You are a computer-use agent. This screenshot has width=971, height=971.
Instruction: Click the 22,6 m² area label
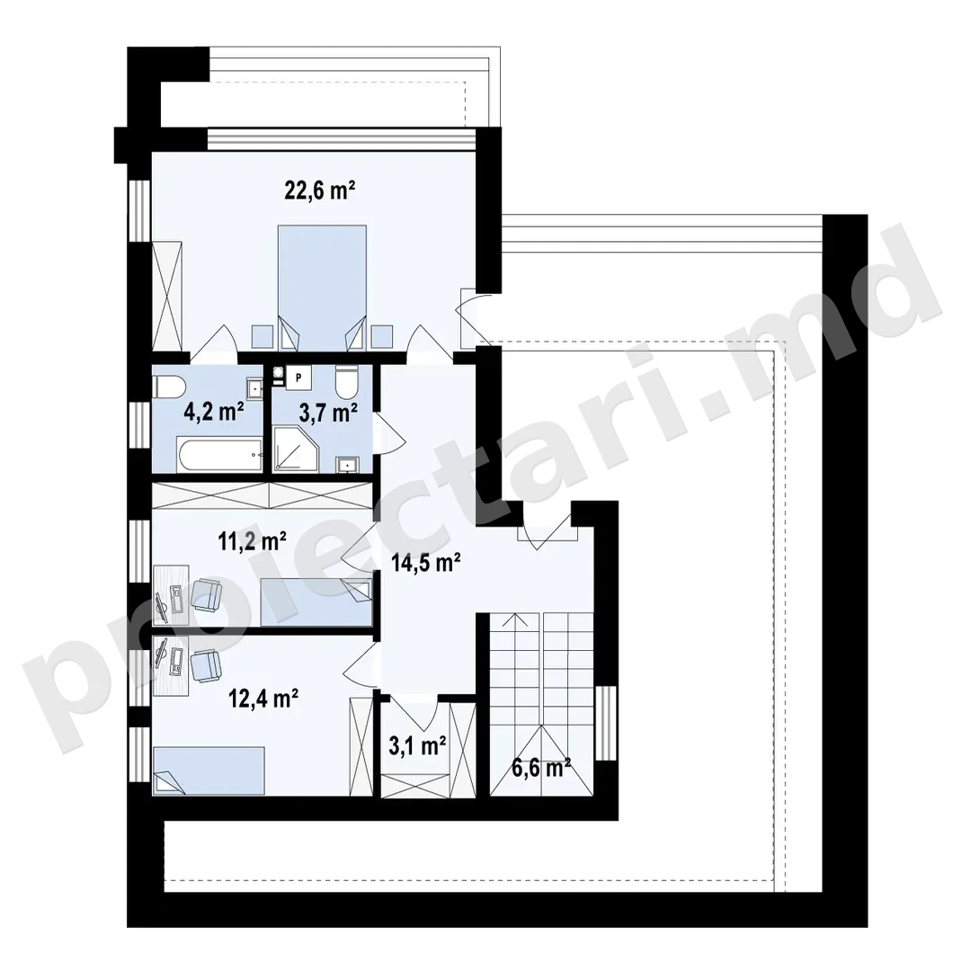[x=319, y=190]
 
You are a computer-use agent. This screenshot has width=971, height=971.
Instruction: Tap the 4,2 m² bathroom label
[x=214, y=411]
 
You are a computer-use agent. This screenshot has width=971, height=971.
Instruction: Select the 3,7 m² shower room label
[x=328, y=413]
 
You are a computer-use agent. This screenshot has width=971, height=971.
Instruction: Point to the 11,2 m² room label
[x=252, y=542]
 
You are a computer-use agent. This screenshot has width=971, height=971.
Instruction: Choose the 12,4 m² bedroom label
[x=263, y=699]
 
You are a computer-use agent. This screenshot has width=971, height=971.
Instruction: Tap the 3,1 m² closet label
[x=417, y=746]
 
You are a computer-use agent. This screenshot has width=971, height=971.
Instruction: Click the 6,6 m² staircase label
[x=540, y=768]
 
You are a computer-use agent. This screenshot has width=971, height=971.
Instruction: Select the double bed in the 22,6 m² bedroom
[x=322, y=288]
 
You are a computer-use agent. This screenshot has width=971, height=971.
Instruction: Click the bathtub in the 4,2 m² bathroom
[x=221, y=455]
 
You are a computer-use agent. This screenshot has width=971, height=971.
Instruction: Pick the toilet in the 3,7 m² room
[x=346, y=381]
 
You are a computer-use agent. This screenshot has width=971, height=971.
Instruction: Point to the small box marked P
[x=298, y=377]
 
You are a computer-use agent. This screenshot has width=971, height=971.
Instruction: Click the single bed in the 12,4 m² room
[x=209, y=771]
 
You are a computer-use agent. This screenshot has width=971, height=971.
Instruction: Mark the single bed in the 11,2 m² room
[x=316, y=602]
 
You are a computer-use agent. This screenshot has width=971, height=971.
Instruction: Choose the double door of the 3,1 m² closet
[x=414, y=712]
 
